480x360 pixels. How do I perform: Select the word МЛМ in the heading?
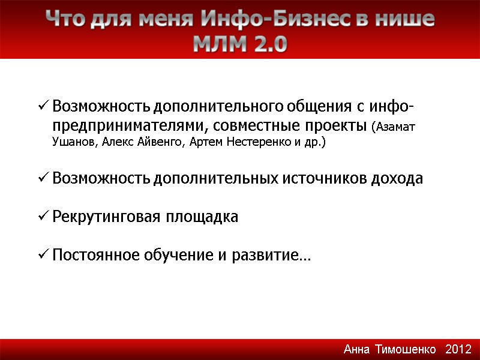pyautogui.click(x=218, y=44)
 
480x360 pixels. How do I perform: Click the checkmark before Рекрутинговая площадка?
pyautogui.click(x=43, y=217)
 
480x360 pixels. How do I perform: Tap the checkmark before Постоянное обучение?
pyautogui.click(x=43, y=256)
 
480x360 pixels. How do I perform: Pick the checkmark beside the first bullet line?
pyautogui.click(x=43, y=107)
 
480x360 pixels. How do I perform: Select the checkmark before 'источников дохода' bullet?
pyautogui.click(x=43, y=179)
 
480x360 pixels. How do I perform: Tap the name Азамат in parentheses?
pyautogui.click(x=396, y=127)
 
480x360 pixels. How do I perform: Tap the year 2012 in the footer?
pyautogui.click(x=459, y=349)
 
